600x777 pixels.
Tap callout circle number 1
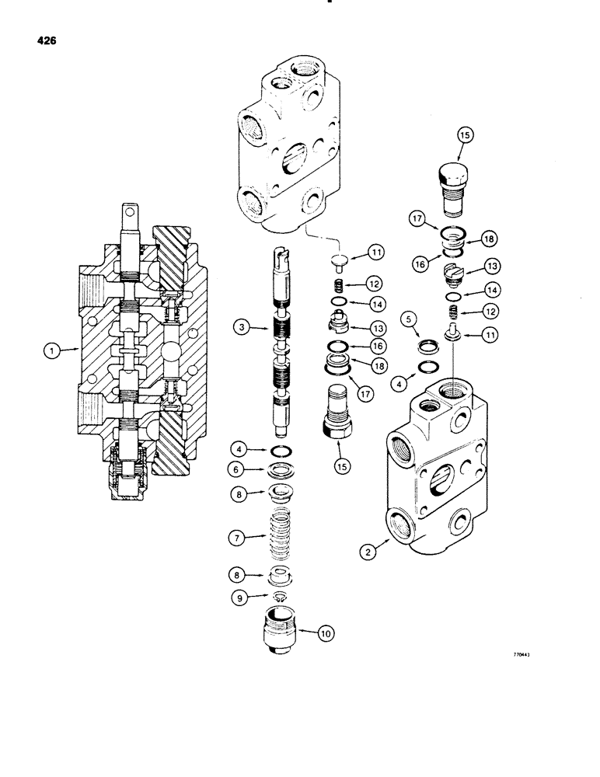(52, 351)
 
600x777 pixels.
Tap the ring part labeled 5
(427, 345)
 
